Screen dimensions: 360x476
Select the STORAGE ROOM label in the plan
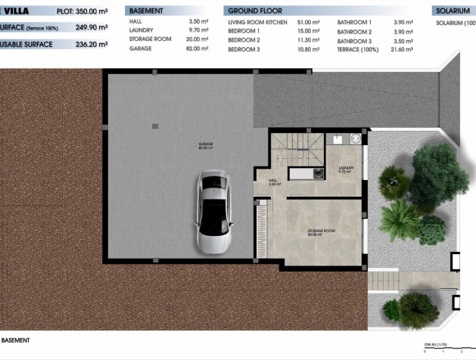click(321, 231)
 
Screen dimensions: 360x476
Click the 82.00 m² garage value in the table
click(198, 48)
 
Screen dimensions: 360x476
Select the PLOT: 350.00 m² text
click(82, 11)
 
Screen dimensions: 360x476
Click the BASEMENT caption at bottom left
click(15, 340)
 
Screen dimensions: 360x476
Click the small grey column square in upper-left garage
click(155, 126)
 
